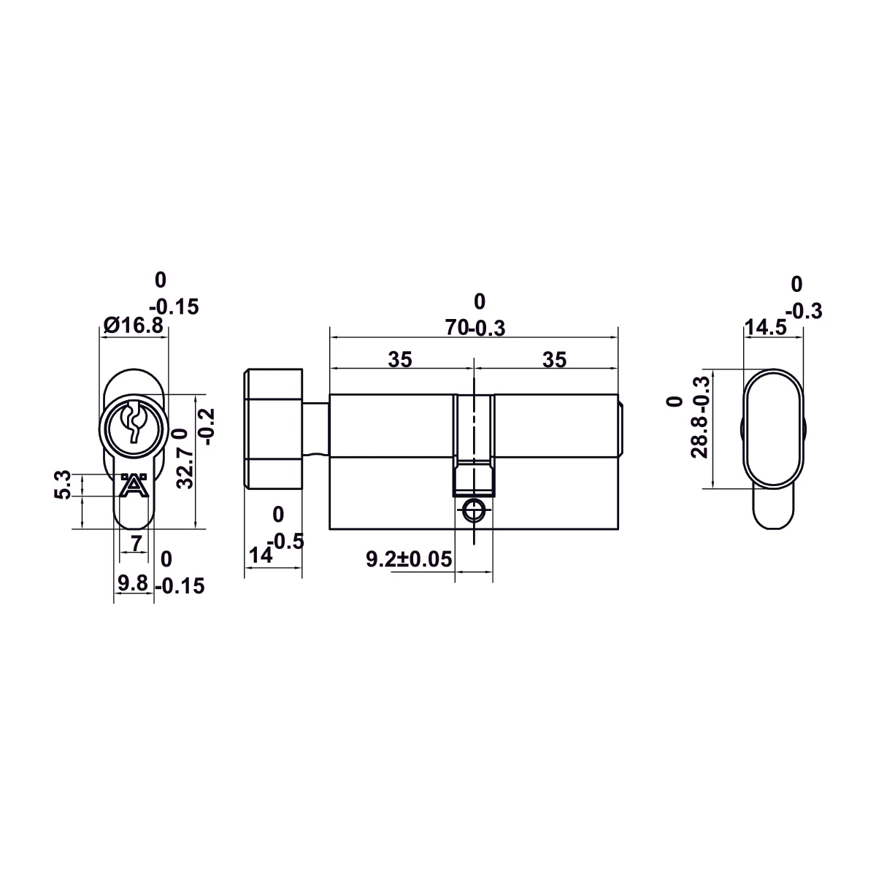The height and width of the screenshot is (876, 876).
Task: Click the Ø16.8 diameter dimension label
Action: pos(133,326)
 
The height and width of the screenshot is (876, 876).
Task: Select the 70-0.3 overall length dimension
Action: pos(475,328)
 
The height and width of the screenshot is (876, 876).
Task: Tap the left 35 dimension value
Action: pos(400,360)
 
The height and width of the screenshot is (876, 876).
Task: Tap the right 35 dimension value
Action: pos(555,360)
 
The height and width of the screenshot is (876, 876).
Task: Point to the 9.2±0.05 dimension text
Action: pos(409,559)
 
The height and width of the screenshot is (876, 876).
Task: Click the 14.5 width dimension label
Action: pos(766,327)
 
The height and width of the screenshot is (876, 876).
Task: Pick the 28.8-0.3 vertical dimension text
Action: pos(699,417)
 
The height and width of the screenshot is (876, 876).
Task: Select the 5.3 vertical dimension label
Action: pos(63,485)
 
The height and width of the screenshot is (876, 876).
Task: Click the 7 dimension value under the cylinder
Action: pos(137,543)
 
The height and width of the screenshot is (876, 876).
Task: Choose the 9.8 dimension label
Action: pos(133,583)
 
